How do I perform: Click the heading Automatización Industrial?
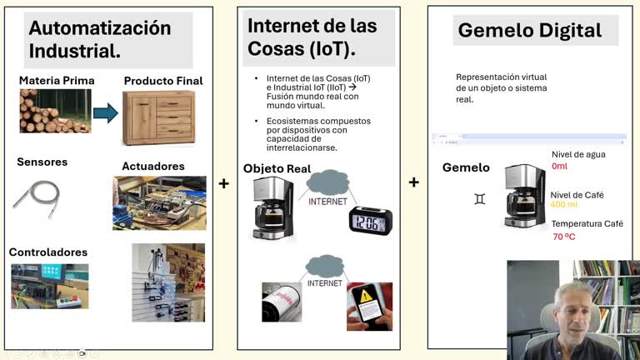pyautogui.click(x=100, y=38)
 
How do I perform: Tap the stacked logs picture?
pyautogui.click(x=55, y=112)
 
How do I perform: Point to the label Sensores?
pyautogui.click(x=42, y=162)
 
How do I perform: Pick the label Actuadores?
pyautogui.click(x=152, y=167)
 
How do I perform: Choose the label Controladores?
pyautogui.click(x=47, y=252)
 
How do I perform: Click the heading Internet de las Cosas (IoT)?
pyautogui.click(x=312, y=37)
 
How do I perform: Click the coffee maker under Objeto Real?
pyautogui.click(x=273, y=209)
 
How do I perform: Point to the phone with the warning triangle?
pyautogui.click(x=368, y=306)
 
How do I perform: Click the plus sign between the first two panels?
pyautogui.click(x=223, y=182)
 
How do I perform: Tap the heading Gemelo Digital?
pyautogui.click(x=529, y=31)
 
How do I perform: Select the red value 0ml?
pyautogui.click(x=559, y=166)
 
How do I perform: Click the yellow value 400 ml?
pyautogui.click(x=564, y=205)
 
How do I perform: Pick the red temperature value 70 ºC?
pyautogui.click(x=564, y=237)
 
